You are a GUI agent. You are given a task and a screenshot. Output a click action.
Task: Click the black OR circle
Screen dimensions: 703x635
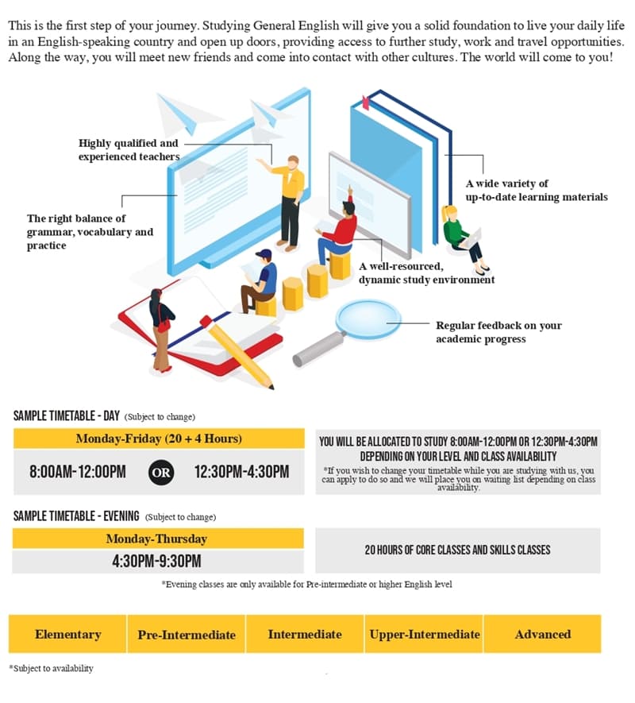coord(161,472)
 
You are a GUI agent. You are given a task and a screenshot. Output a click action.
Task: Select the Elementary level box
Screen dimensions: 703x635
coord(67,634)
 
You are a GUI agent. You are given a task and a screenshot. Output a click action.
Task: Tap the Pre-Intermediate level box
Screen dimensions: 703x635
coord(187,634)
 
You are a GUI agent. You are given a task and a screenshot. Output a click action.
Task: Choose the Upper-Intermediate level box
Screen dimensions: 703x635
coord(425,634)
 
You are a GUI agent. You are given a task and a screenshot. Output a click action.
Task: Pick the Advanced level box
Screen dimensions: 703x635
coord(543,634)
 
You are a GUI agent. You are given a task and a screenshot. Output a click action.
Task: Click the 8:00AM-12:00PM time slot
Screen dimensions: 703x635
coord(78,472)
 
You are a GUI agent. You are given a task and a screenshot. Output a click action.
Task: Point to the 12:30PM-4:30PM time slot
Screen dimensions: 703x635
coord(241,472)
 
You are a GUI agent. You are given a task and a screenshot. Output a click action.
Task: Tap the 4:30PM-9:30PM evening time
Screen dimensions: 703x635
coord(156,562)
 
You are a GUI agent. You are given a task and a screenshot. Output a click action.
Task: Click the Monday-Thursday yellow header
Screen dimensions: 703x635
coord(156,539)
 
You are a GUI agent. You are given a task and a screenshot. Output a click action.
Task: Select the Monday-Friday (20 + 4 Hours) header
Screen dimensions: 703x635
coord(159,438)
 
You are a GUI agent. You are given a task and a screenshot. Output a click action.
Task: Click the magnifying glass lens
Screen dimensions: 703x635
coord(369,320)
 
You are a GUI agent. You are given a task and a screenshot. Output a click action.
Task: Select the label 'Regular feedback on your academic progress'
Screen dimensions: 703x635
coord(498,332)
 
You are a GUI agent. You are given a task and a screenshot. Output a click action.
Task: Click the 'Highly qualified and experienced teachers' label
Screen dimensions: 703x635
coord(129,149)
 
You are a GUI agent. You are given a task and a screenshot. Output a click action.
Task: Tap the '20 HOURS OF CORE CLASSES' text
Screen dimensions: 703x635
coord(457,550)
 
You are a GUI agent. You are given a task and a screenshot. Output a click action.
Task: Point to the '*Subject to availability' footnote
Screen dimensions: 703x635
coord(52,668)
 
